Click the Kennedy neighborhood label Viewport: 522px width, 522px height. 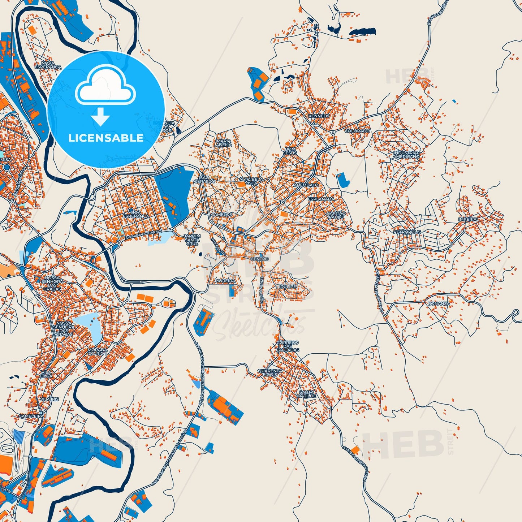click(x=319, y=116)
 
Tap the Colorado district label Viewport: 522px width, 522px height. click(x=357, y=131)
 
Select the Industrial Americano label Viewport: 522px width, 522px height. click(x=406, y=155)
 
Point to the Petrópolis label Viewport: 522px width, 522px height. click(x=407, y=232)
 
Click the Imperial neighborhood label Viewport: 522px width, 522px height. click(x=469, y=219)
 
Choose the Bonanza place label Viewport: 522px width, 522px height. click(x=439, y=303)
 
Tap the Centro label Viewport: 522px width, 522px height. click(x=260, y=259)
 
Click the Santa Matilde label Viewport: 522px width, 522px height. click(x=307, y=394)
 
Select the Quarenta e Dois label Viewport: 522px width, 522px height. click(x=270, y=372)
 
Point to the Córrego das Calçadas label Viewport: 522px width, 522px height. click(x=288, y=346)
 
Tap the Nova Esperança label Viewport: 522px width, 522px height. click(x=48, y=65)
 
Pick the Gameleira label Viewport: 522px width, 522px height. click(x=31, y=416)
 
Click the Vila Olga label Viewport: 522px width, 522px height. click(x=47, y=374)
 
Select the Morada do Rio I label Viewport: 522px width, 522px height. click(x=98, y=351)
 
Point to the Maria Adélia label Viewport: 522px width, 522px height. click(x=224, y=143)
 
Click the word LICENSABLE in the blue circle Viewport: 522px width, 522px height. click(x=106, y=138)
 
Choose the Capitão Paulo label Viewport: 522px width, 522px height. click(x=336, y=215)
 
